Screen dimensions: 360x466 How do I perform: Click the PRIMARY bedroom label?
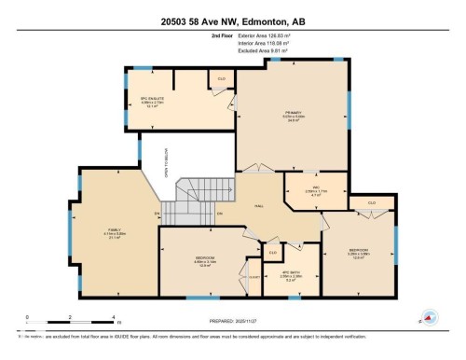295,114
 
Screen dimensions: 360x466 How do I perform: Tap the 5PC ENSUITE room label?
152,99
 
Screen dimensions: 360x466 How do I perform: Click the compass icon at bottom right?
430,317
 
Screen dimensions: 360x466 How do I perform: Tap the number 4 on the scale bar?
113,316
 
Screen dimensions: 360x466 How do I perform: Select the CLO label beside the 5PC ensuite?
222,78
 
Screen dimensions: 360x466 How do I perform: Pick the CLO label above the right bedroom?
371,201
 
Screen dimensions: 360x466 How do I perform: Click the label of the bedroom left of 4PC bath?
206,259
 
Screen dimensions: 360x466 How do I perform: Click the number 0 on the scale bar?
27,316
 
